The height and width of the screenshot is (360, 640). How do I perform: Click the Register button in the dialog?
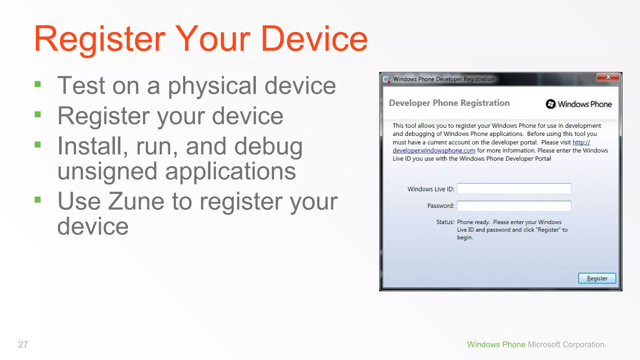point(597,278)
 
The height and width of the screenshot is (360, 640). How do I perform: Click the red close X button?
point(608,77)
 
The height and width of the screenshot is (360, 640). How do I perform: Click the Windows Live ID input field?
point(514,188)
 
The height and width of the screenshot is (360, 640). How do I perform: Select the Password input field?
point(514,206)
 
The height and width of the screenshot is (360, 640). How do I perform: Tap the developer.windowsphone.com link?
point(434,151)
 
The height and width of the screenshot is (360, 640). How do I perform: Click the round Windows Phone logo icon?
point(551,104)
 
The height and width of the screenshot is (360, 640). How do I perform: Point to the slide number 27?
point(23,344)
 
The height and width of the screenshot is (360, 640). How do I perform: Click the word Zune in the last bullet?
point(136,202)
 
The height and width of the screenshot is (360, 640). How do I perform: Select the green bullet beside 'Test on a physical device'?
point(38,84)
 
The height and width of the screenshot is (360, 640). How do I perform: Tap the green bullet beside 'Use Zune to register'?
point(38,200)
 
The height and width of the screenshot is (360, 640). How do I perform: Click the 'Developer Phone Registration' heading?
point(449,103)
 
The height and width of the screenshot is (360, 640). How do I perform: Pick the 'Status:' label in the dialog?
point(445,222)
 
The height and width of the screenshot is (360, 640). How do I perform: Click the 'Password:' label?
point(441,206)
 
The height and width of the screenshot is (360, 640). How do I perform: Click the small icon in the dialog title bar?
point(387,79)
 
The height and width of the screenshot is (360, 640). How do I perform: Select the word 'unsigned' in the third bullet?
point(107,171)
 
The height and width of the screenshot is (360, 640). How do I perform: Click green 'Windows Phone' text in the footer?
point(496,344)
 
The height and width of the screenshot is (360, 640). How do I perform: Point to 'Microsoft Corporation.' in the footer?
point(567,344)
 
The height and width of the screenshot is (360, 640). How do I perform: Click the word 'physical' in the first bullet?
point(212,86)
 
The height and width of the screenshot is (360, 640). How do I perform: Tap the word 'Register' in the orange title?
point(99,39)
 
